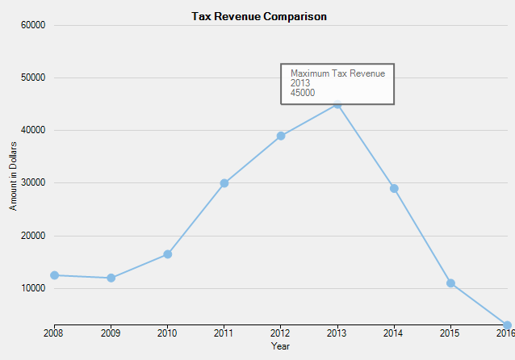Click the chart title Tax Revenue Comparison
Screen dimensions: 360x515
[258, 16]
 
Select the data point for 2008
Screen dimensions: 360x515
[54, 275]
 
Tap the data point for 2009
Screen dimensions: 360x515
[111, 278]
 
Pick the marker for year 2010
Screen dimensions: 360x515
[167, 254]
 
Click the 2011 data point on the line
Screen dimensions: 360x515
[224, 183]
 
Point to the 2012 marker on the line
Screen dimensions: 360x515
[281, 136]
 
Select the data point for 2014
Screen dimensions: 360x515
[394, 188]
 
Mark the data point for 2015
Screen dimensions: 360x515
[450, 283]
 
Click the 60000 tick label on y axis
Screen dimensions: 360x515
[31, 25]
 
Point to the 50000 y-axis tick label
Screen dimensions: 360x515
[31, 77]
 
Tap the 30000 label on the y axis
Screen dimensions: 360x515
[31, 183]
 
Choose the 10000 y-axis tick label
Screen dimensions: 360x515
[31, 288]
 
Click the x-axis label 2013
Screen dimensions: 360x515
[337, 333]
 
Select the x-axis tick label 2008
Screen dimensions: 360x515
[54, 333]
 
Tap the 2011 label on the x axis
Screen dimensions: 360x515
[224, 333]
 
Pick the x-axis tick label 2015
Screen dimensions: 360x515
[450, 333]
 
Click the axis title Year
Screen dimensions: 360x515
[280, 346]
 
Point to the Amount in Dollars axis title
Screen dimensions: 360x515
[13, 175]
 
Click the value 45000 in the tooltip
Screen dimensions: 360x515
[303, 93]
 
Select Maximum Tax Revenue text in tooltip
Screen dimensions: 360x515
[337, 73]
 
